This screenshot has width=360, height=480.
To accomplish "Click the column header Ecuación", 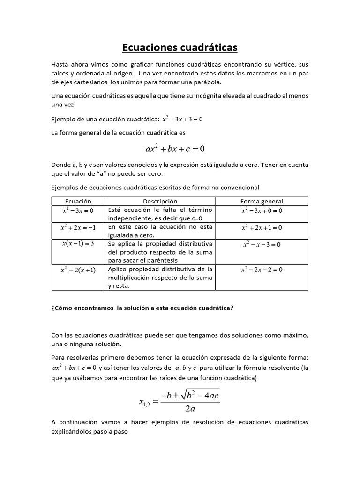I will click(x=78, y=201).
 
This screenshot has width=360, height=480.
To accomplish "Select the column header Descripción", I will click(x=160, y=201).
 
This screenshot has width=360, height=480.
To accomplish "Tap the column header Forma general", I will click(x=262, y=201).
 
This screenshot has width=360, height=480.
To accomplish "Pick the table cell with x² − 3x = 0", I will click(x=78, y=210).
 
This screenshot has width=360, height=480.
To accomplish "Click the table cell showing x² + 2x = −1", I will click(x=78, y=227).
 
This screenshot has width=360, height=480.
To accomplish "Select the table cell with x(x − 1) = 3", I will click(x=78, y=244).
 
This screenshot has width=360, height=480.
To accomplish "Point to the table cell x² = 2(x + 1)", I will click(x=78, y=270).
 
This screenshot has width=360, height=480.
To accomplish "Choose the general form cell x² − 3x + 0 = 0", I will click(x=262, y=210).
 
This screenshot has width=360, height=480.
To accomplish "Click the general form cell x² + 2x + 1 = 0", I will click(x=262, y=227).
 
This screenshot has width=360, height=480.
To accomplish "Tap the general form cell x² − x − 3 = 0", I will click(x=262, y=244).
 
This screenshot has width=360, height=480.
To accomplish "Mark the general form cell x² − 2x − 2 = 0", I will click(x=262, y=270).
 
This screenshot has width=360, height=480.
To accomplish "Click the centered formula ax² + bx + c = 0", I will click(x=175, y=149).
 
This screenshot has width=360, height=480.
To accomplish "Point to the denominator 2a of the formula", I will click(x=190, y=408).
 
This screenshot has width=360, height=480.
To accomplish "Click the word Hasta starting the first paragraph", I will click(x=60, y=64).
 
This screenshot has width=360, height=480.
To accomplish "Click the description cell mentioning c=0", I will click(x=160, y=214).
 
